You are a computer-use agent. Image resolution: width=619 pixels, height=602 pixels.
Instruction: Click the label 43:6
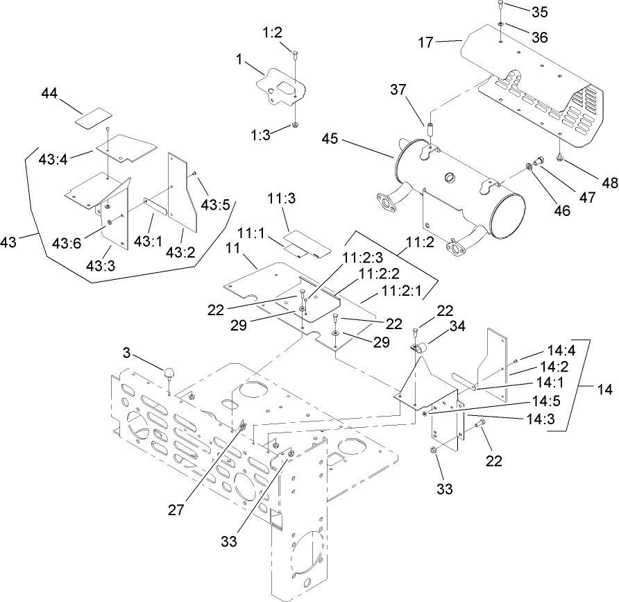(x=67, y=242)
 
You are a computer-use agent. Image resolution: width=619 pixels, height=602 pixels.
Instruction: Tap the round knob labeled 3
(x=169, y=374)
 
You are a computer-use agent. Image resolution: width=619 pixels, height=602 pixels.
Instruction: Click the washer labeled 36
(x=500, y=25)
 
